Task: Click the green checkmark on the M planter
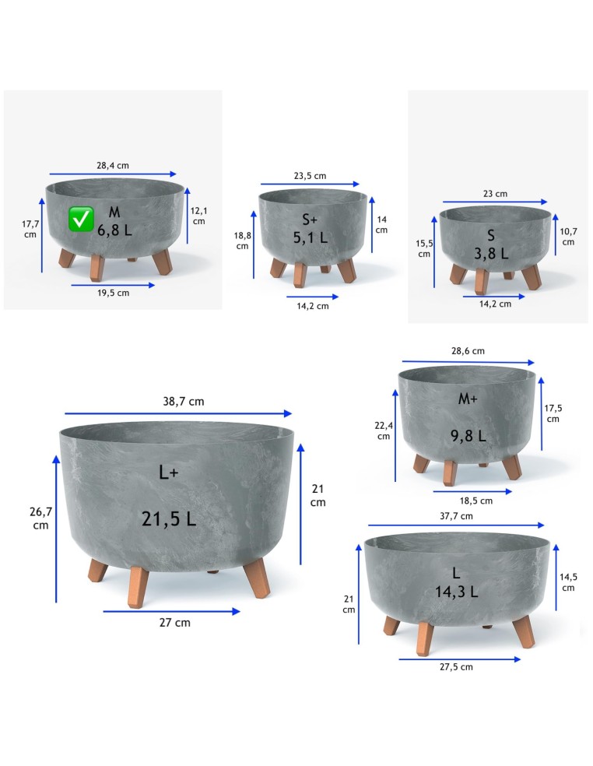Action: tap(81, 219)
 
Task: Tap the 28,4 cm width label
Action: tap(113, 166)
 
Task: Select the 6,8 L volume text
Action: tap(115, 230)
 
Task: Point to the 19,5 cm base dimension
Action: tap(114, 293)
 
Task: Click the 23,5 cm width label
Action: tap(311, 176)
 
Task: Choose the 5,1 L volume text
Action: tap(311, 238)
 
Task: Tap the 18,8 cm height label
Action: tap(242, 241)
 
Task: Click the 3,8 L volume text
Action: tap(491, 254)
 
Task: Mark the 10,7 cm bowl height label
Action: tap(568, 237)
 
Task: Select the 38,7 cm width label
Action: tap(184, 402)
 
